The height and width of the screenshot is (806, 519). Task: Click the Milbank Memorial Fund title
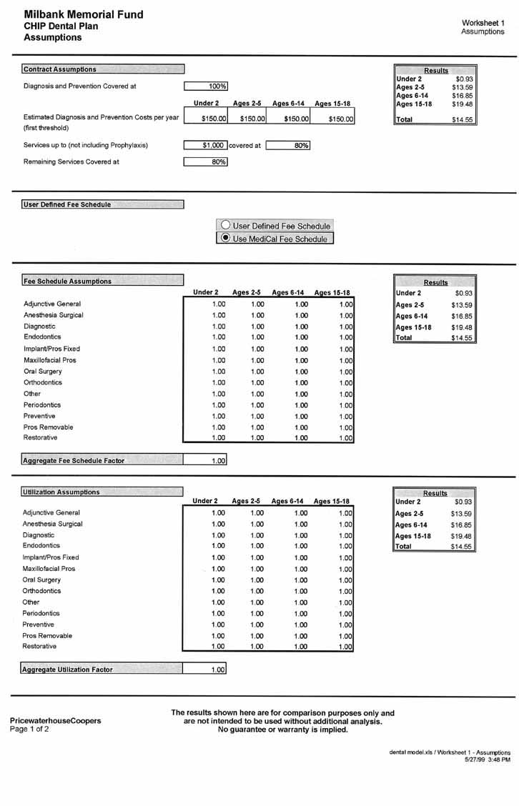point(84,14)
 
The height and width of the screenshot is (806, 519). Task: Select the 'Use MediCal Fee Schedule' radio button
point(226,239)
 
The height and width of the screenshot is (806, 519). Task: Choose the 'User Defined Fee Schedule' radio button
point(225,226)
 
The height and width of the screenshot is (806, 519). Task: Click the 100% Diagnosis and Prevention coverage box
point(206,86)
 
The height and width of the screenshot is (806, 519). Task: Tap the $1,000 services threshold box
point(205,145)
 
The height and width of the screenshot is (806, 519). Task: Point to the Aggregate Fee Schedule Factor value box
point(205,461)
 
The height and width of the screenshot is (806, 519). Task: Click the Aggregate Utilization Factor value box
point(205,670)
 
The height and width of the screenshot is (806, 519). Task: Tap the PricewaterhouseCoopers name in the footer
point(55,720)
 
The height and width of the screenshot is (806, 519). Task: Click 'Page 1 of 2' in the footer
point(29,730)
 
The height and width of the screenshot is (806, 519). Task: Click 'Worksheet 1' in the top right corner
point(483,23)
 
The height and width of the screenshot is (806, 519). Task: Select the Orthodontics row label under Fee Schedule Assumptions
point(43,382)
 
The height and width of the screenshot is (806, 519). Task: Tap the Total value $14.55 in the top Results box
point(462,120)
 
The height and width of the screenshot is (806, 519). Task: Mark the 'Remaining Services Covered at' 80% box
point(205,162)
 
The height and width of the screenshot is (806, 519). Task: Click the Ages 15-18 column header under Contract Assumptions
point(332,104)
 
